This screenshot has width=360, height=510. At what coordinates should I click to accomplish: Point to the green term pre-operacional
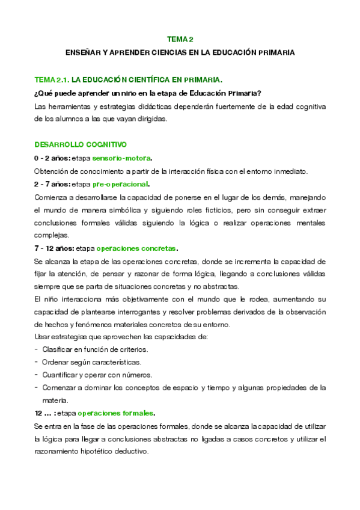121,184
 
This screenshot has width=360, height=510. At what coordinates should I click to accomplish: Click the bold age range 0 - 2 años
52,158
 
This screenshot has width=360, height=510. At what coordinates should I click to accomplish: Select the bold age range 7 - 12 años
54,248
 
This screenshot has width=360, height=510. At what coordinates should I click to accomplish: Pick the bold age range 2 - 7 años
52,184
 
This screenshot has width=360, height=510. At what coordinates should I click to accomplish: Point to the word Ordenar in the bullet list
56,362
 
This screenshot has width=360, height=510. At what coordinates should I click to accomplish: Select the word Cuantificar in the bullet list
61,375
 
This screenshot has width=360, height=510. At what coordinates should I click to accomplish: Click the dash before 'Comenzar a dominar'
37,387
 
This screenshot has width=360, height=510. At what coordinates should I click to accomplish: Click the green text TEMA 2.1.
52,79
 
